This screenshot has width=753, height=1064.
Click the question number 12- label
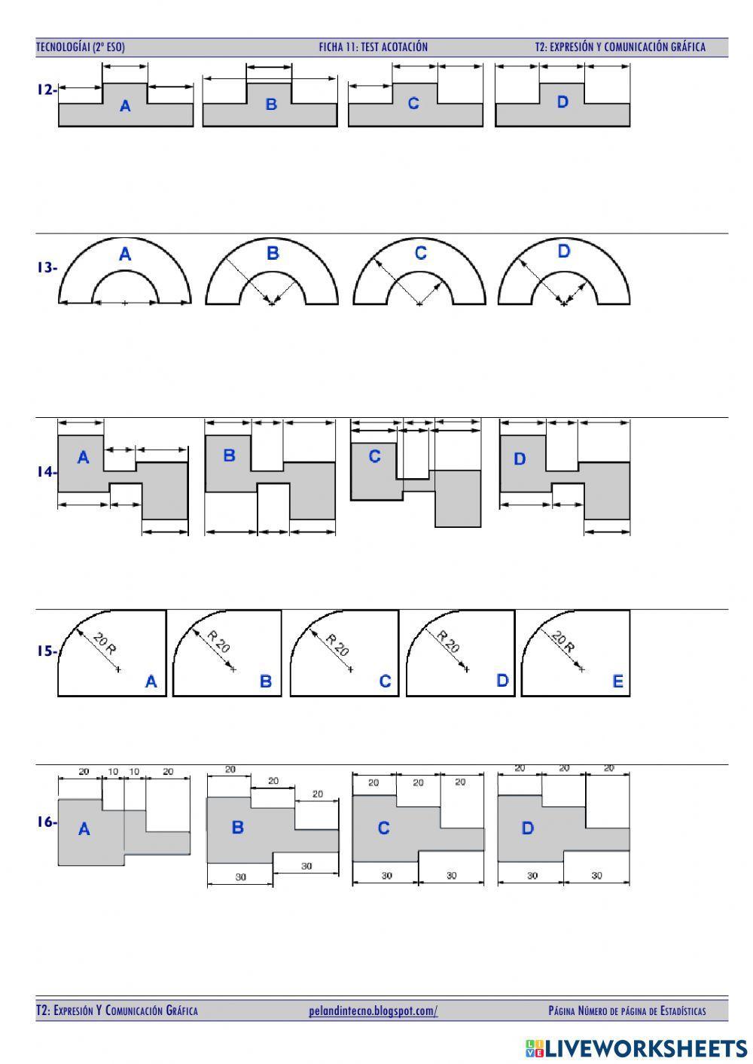pos(46,90)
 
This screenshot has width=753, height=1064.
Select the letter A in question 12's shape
pos(125,107)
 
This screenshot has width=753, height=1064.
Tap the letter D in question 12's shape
pos(562,102)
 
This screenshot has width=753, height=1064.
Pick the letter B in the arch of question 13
pos(273,254)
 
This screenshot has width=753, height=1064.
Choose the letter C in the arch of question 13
pos(420,253)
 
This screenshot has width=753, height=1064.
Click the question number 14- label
pos(46,472)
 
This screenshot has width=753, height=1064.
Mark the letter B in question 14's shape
pos(229,456)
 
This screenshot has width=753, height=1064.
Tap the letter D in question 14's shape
pos(520,459)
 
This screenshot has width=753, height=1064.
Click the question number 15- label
pos(47,651)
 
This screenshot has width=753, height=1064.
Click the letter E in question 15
pos(617,681)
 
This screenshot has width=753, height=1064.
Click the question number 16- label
pos(47,822)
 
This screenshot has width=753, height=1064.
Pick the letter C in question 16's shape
pos(383,828)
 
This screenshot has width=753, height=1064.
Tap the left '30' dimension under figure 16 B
pos(240,877)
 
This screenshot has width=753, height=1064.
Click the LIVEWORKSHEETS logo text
pos(645,1047)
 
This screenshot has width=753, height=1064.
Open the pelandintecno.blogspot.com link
pos(373,1011)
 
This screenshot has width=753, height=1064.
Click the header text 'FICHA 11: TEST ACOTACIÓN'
pos(373,47)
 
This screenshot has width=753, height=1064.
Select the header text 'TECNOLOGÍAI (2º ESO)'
pos(81,47)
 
